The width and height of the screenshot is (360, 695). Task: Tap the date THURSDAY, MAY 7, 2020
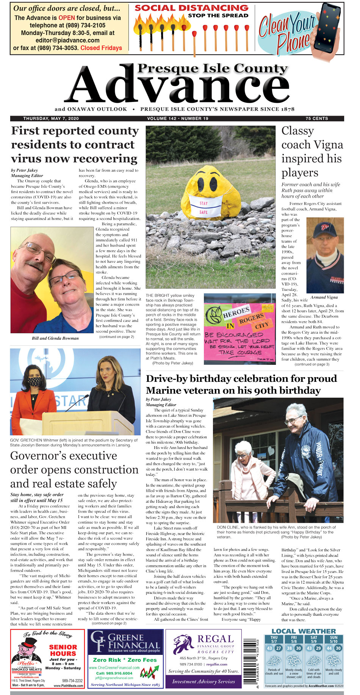[x=51, y=119]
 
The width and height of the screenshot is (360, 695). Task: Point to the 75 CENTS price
[x=316, y=119]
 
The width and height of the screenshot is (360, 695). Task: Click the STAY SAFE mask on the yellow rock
[x=203, y=207]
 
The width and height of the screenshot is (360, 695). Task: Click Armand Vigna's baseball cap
[x=324, y=230]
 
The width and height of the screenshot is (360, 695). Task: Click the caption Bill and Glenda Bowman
[x=55, y=338]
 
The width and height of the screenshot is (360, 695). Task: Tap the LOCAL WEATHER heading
[x=304, y=631]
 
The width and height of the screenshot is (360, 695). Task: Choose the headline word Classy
[x=297, y=131]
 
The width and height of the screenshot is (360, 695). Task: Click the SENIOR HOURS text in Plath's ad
[x=63, y=650]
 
